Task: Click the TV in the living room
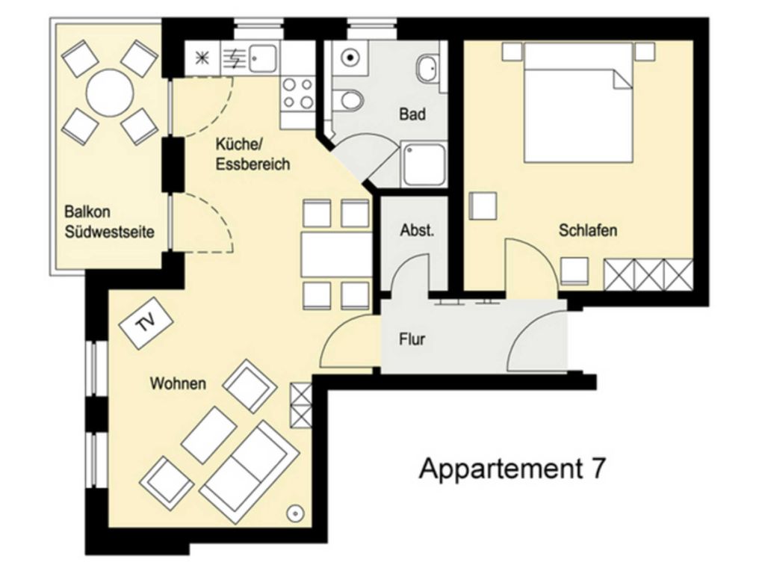(147, 322)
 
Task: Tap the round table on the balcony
(110, 93)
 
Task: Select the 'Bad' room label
(412, 114)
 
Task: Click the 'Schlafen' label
(588, 230)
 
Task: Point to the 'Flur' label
(412, 339)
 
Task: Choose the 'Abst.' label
(417, 230)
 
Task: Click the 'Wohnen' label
(178, 383)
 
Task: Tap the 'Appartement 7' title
(512, 468)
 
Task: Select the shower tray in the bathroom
(424, 163)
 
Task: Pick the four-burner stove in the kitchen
(298, 94)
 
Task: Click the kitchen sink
(263, 58)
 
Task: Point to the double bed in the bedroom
(578, 102)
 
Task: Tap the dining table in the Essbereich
(337, 255)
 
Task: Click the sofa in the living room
(250, 472)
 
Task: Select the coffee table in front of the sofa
(209, 435)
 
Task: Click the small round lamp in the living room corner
(295, 513)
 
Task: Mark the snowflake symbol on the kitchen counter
(202, 58)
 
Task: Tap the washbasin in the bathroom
(427, 68)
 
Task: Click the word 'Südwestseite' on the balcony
(110, 232)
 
